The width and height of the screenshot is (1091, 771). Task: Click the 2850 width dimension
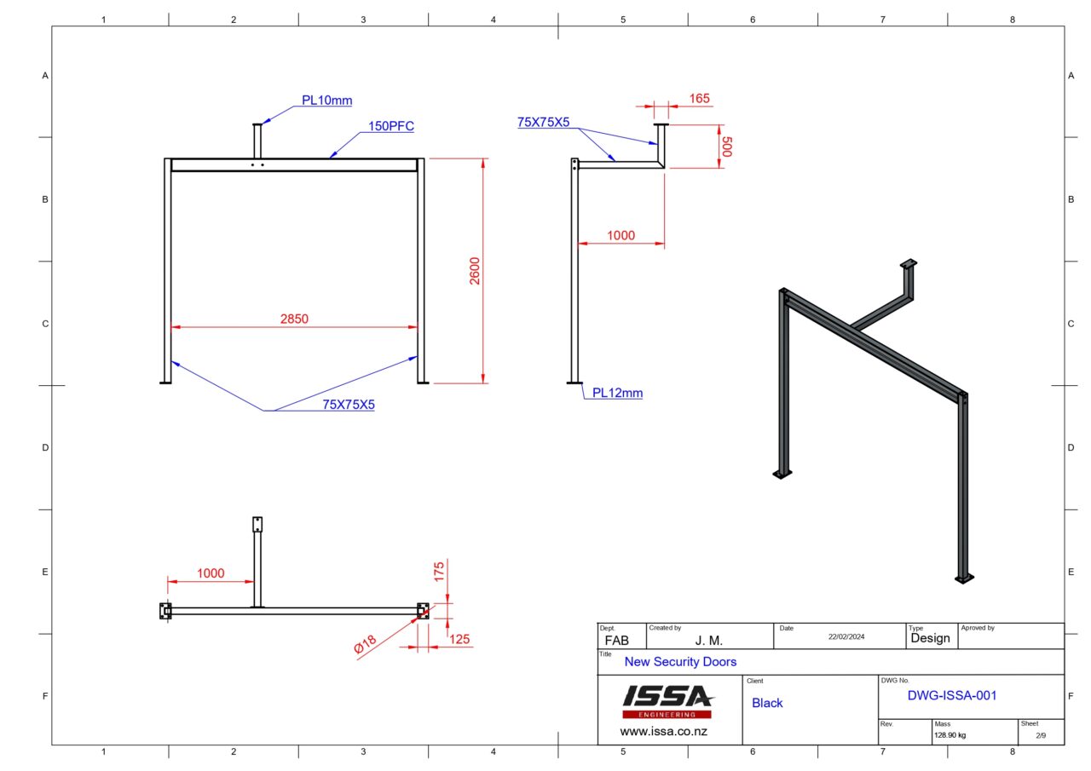tap(294, 319)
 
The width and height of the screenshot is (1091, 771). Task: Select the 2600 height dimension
tap(475, 271)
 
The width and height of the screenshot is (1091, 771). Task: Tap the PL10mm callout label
tap(326, 101)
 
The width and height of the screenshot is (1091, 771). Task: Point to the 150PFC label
tap(390, 126)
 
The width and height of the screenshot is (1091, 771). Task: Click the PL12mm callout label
tap(618, 393)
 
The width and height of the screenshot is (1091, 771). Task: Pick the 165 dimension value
tap(699, 99)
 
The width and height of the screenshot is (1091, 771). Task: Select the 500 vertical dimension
tap(726, 146)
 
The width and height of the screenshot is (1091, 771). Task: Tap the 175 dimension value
tap(440, 572)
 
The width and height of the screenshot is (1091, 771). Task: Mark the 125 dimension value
tap(459, 639)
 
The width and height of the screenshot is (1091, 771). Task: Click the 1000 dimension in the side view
tap(621, 235)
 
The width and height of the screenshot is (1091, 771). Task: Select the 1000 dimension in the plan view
tap(211, 573)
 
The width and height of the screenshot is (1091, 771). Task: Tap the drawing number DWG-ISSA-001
tap(951, 695)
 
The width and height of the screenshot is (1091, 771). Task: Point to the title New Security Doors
tap(680, 661)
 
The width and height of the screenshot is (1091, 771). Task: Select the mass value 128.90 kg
tap(950, 734)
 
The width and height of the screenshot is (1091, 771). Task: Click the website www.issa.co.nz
tap(663, 731)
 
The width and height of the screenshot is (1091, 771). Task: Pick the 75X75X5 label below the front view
tap(348, 405)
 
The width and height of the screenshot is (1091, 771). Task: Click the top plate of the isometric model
tap(909, 263)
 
